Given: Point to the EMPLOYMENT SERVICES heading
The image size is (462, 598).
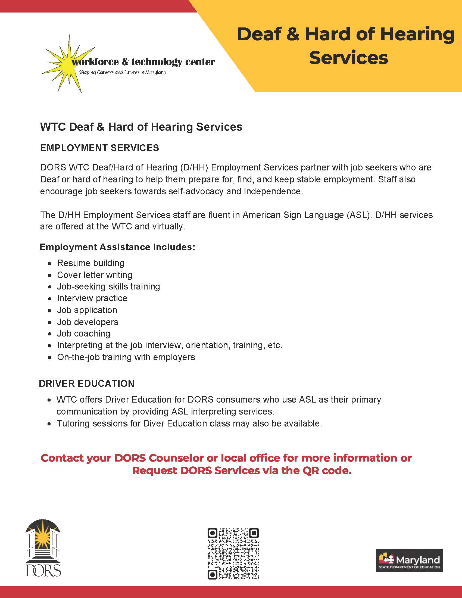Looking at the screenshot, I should pyautogui.click(x=100, y=148).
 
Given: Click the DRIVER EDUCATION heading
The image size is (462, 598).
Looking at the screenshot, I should pyautogui.click(x=87, y=384).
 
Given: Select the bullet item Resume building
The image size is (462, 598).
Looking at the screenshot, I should pyautogui.click(x=90, y=263).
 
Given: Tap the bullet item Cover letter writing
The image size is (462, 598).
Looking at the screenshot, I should pyautogui.click(x=94, y=275).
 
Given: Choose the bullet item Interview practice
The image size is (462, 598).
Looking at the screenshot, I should pyautogui.click(x=92, y=298).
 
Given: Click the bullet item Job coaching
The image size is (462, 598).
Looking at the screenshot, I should pyautogui.click(x=83, y=334).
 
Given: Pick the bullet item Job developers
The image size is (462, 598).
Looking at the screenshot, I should pyautogui.click(x=88, y=322).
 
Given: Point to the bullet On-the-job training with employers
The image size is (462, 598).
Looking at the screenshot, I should pyautogui.click(x=126, y=357).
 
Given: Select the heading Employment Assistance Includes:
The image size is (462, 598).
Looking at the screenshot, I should pyautogui.click(x=117, y=247).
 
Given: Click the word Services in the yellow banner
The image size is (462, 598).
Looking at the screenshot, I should pyautogui.click(x=348, y=58).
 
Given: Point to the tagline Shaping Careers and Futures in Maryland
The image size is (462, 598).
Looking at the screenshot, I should pyautogui.click(x=122, y=73).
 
